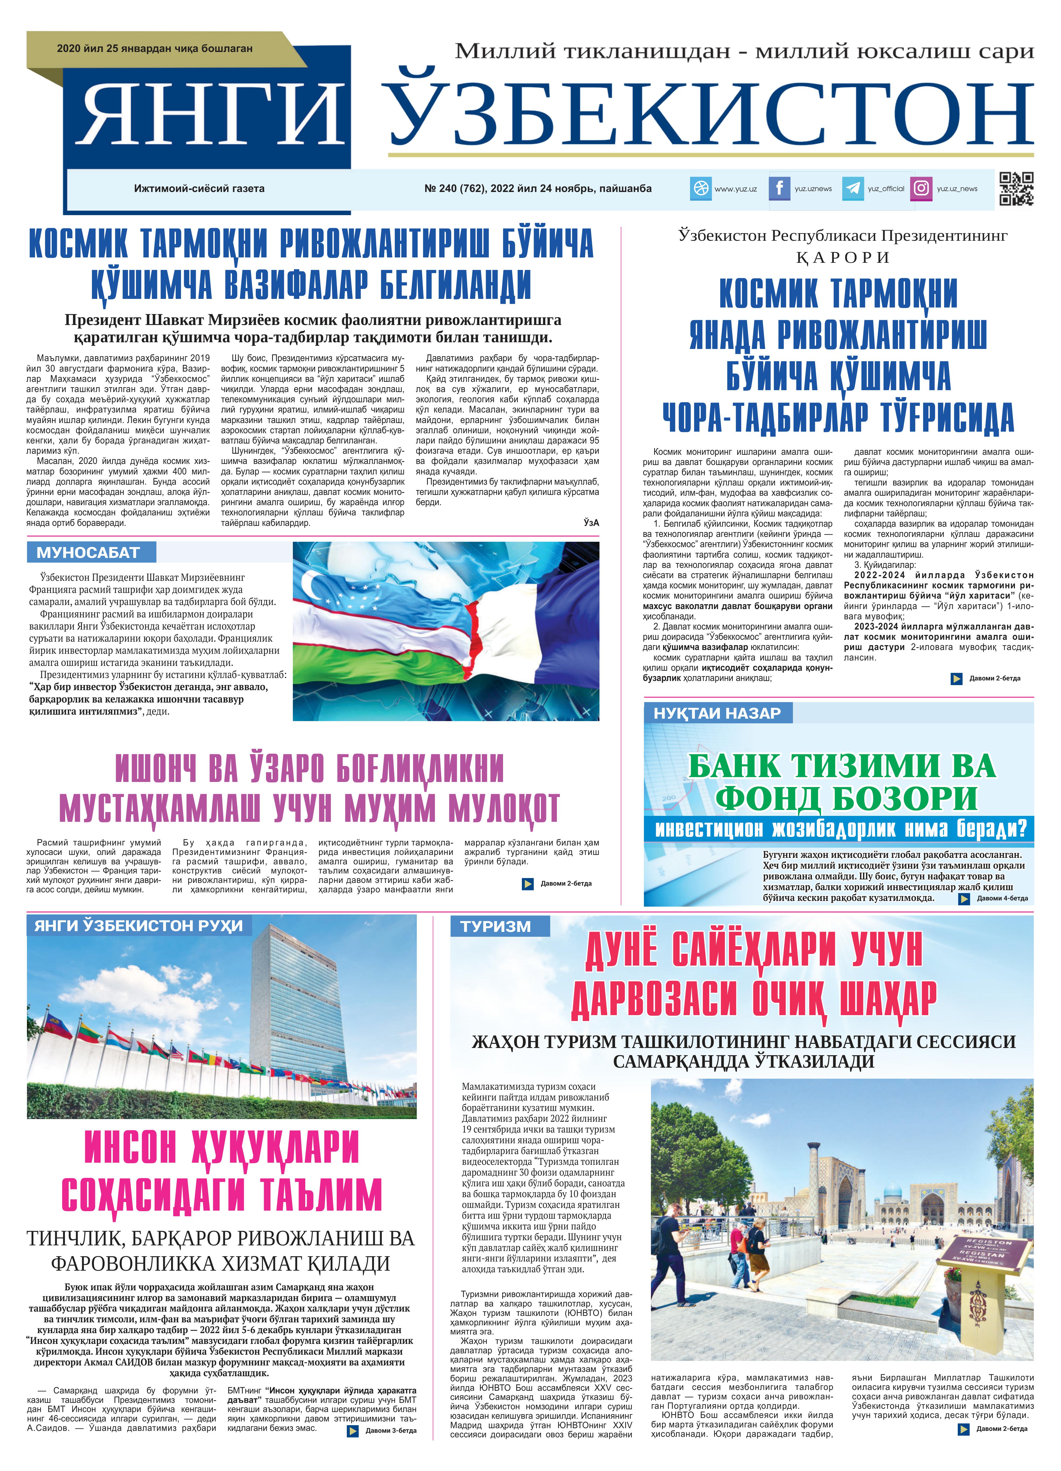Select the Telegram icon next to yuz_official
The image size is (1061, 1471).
pos(853,189)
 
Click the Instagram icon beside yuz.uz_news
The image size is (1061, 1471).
pos(921,189)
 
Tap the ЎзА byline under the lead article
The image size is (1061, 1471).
pos(591,522)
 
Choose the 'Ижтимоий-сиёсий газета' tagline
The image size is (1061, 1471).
pos(199,189)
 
